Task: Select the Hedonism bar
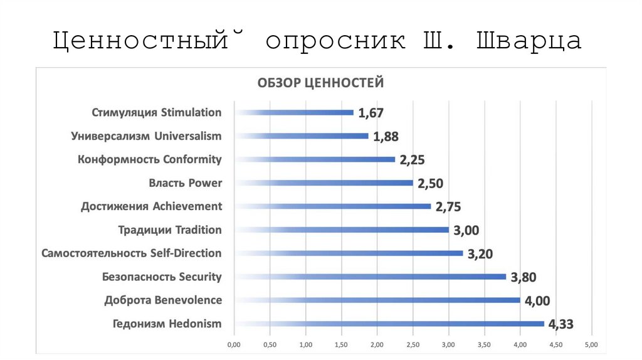pyautogui.click(x=389, y=324)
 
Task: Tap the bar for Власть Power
pyautogui.click(x=324, y=183)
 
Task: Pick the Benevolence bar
pyautogui.click(x=377, y=300)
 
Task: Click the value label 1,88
pyautogui.click(x=386, y=137)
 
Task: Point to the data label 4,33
pyautogui.click(x=561, y=324)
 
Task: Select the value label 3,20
pyautogui.click(x=480, y=254)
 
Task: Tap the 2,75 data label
pyautogui.click(x=448, y=207)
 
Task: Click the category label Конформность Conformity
pyautogui.click(x=150, y=159)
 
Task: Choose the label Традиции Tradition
pyautogui.click(x=170, y=230)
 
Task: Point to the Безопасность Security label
pyautogui.click(x=162, y=277)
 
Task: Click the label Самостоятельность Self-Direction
pyautogui.click(x=132, y=253)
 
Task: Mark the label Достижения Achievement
pyautogui.click(x=152, y=206)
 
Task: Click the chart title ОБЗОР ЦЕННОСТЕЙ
pyautogui.click(x=318, y=83)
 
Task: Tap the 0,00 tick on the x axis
pyautogui.click(x=233, y=344)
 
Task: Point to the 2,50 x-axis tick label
pyautogui.click(x=413, y=344)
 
